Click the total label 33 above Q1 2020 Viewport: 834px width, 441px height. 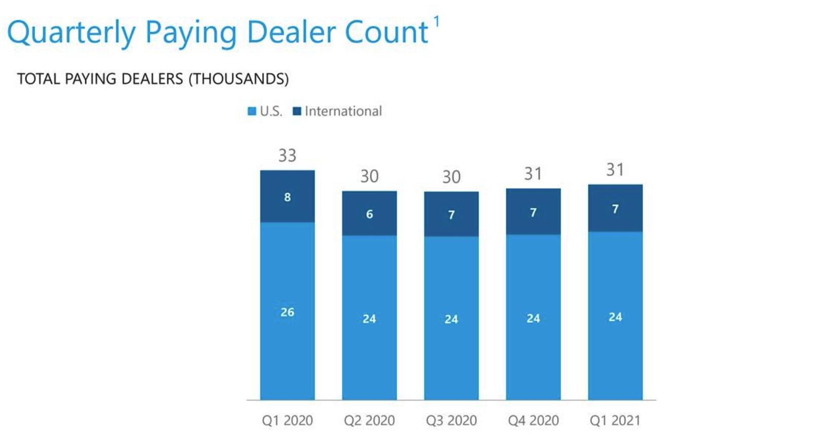(287, 155)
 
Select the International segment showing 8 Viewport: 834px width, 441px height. (287, 197)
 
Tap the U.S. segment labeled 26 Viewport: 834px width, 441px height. (287, 312)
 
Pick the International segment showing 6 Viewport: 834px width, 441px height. (369, 213)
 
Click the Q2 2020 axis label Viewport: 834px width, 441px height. (369, 420)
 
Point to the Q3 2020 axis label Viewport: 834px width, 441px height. (451, 420)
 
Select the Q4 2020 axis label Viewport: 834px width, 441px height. (533, 420)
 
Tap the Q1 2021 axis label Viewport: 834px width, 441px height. (615, 420)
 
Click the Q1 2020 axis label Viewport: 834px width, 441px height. (287, 420)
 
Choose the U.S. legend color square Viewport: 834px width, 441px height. (252, 112)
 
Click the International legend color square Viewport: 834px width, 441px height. (297, 112)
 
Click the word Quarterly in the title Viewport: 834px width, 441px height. (72, 33)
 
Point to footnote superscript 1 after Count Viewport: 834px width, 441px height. (436, 22)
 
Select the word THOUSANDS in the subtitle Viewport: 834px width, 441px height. (239, 79)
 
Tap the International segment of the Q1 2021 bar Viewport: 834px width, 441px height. (615, 208)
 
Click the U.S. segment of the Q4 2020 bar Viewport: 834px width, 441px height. (533, 318)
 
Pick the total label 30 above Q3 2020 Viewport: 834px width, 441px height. (451, 176)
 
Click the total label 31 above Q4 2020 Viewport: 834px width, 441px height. (533, 174)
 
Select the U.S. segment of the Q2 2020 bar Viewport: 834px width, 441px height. (369, 318)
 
